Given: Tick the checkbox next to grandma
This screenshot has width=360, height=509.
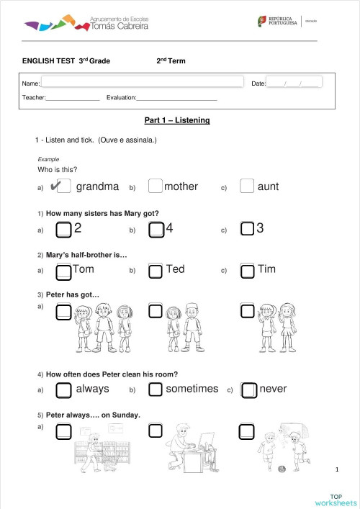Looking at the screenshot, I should (63, 186).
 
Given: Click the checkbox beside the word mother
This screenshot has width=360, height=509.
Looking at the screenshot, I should (155, 186).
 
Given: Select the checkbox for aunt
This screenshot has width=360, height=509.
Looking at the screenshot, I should (247, 186).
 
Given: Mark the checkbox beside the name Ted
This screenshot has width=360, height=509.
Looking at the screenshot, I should (155, 271).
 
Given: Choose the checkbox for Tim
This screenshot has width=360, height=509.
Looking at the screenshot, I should (247, 271).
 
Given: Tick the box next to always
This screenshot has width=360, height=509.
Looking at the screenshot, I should (63, 389).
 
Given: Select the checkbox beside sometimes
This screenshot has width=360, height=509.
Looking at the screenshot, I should (155, 389).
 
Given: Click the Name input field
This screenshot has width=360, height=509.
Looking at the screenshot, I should (142, 83).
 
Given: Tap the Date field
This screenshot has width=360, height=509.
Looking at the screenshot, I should (294, 83).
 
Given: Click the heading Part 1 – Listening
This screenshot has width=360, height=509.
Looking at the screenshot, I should (177, 120).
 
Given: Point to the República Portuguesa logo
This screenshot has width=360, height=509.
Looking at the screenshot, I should (277, 22).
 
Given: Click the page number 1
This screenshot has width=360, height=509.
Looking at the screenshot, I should (336, 469).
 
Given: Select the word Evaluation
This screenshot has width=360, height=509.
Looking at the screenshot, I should (121, 97).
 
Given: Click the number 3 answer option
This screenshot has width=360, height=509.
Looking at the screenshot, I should (260, 229).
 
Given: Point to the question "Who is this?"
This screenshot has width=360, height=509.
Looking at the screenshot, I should (57, 170).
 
